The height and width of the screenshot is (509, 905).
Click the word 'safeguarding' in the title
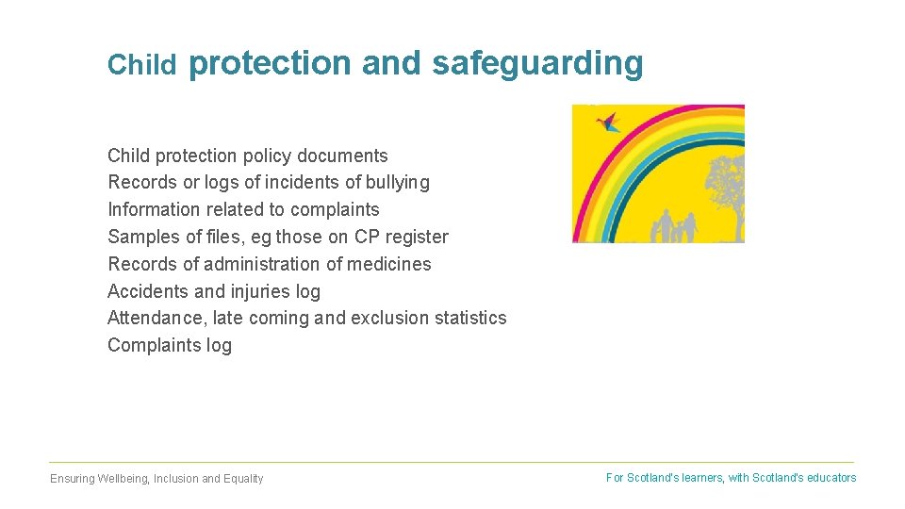click(537, 63)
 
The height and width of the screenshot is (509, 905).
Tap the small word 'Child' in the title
click(141, 64)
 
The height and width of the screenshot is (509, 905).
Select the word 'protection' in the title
click(270, 63)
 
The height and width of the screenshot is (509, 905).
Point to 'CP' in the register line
click(368, 237)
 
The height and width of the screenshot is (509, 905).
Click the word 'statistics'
click(470, 318)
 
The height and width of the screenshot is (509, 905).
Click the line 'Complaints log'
click(170, 345)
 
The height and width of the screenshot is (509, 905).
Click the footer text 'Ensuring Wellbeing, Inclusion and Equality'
click(156, 479)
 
